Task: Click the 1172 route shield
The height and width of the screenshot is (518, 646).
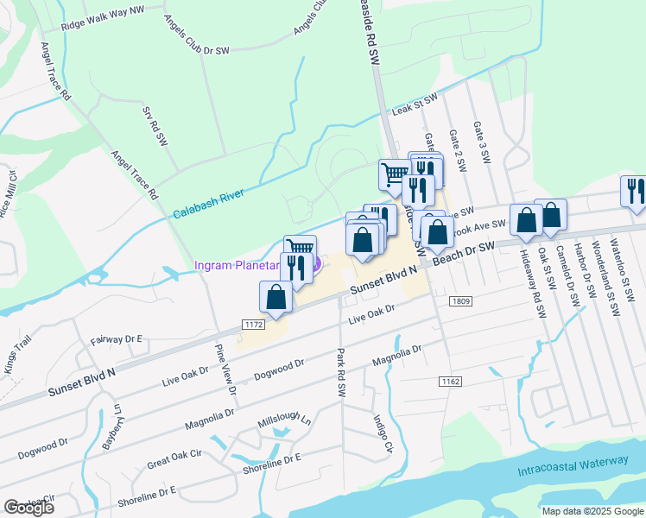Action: click(252, 324)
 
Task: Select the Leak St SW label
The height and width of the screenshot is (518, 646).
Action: click(415, 106)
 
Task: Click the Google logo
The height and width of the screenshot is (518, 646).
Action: click(28, 508)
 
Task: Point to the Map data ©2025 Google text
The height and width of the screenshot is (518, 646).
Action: click(592, 511)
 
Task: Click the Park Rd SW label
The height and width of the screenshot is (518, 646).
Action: click(341, 372)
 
